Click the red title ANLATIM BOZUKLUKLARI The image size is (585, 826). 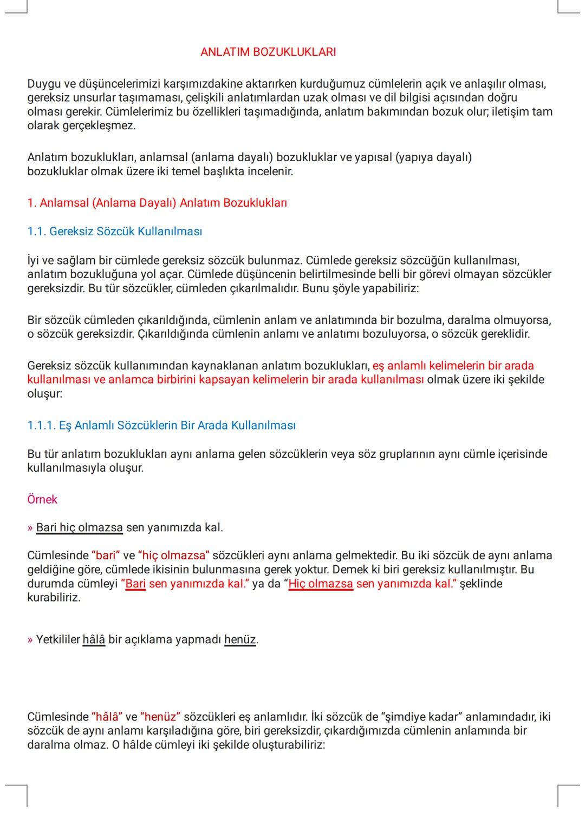[x=268, y=52]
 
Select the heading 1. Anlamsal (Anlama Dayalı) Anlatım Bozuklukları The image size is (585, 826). [x=157, y=203]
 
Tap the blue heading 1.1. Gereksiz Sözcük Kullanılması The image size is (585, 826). [x=115, y=232]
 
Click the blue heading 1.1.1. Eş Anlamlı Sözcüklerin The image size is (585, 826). [x=161, y=426]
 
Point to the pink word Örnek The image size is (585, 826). [x=42, y=499]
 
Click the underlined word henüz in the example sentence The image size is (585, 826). [x=240, y=640]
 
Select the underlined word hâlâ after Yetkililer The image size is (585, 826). [x=94, y=640]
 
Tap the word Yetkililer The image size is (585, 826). [x=57, y=640]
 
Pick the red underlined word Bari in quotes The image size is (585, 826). [x=136, y=584]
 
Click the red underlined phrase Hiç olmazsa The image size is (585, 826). [x=321, y=584]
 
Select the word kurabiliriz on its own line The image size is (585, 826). [x=54, y=598]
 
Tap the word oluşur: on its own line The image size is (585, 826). [x=45, y=394]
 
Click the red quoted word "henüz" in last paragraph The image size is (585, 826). [x=160, y=717]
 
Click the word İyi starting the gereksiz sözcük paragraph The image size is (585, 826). [x=34, y=260]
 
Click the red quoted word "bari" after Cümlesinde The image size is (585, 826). [x=106, y=556]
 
